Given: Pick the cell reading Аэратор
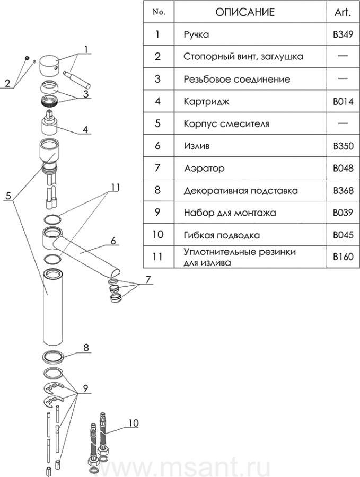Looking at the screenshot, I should coord(204,169).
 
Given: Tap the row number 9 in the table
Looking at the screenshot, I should coord(157,213).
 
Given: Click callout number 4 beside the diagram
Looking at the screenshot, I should coord(84,129).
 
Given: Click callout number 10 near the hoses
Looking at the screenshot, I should coord(133,423).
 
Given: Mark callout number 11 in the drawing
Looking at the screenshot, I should coord(116,187).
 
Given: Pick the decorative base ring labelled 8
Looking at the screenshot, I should coord(53,356).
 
